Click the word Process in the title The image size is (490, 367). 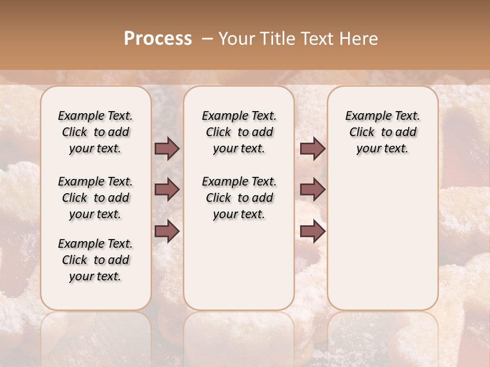pos(158,39)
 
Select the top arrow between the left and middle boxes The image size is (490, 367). pos(167,148)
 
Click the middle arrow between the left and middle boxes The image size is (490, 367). pos(167,190)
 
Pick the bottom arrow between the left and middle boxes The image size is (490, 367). pos(167,231)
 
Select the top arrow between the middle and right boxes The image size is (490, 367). pos(312,148)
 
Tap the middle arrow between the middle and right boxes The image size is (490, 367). pos(312,190)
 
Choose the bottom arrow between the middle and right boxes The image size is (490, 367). pos(312,231)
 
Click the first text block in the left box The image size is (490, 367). pos(95,132)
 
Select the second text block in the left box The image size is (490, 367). pos(95,198)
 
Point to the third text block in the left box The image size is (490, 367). pos(95,260)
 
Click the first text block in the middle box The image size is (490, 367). pos(239,132)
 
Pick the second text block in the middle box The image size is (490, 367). pos(239,198)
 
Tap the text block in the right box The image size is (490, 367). pos(382,132)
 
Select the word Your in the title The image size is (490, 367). pos(237,39)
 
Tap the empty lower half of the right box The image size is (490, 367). pos(382,245)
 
